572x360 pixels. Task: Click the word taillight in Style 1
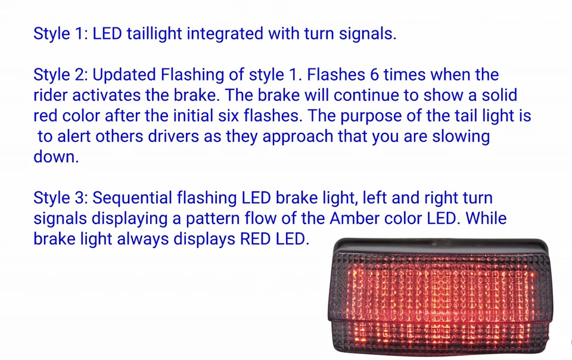[154, 33]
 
